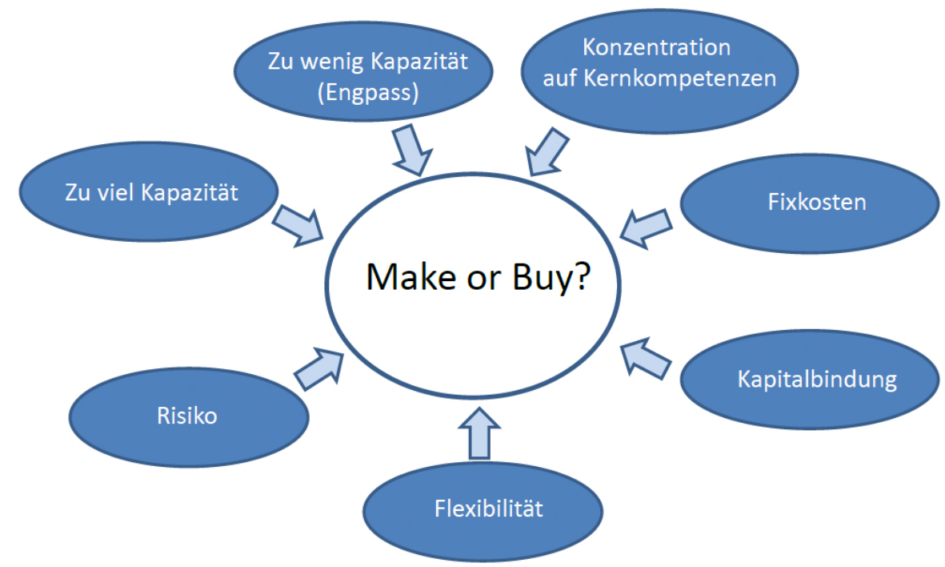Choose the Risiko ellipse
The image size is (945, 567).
(186, 416)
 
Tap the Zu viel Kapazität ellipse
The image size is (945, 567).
(150, 193)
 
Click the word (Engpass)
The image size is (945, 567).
(367, 93)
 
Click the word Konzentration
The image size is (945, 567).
(656, 47)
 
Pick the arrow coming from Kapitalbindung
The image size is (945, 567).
(647, 356)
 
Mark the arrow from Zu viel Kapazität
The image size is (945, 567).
(297, 223)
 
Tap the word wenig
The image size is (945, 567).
(327, 62)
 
